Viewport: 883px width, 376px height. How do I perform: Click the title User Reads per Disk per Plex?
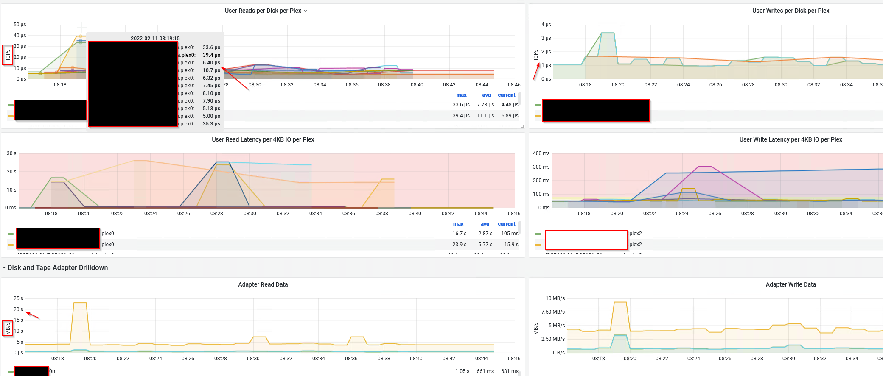[263, 11]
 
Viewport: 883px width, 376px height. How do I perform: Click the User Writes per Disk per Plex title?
[790, 11]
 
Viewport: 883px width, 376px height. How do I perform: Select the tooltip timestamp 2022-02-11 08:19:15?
[155, 39]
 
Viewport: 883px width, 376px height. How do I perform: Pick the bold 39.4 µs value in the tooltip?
[211, 55]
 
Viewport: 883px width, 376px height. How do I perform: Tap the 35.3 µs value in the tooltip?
[211, 124]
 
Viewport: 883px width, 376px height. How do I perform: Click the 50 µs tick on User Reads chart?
[20, 25]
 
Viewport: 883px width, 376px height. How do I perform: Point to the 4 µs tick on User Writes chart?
[546, 25]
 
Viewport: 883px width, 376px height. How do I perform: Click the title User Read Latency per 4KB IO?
[263, 140]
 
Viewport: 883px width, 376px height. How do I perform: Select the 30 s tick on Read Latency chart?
[11, 153]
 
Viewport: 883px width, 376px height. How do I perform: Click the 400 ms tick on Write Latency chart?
[541, 153]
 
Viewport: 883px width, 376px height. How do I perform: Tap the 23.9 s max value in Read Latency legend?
[459, 245]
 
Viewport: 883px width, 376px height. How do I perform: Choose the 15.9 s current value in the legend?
[511, 245]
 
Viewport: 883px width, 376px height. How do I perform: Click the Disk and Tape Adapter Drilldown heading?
[58, 268]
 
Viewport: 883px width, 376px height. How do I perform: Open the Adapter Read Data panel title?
[263, 285]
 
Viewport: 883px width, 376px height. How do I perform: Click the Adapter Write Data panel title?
[790, 285]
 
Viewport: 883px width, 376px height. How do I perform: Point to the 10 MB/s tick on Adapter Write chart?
[555, 298]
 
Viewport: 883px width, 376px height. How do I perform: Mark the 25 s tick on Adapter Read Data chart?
[18, 298]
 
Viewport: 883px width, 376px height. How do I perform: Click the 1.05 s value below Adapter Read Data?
[462, 371]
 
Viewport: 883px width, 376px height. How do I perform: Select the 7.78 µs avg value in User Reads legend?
[485, 105]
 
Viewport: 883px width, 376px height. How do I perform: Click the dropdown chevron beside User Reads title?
[306, 11]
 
